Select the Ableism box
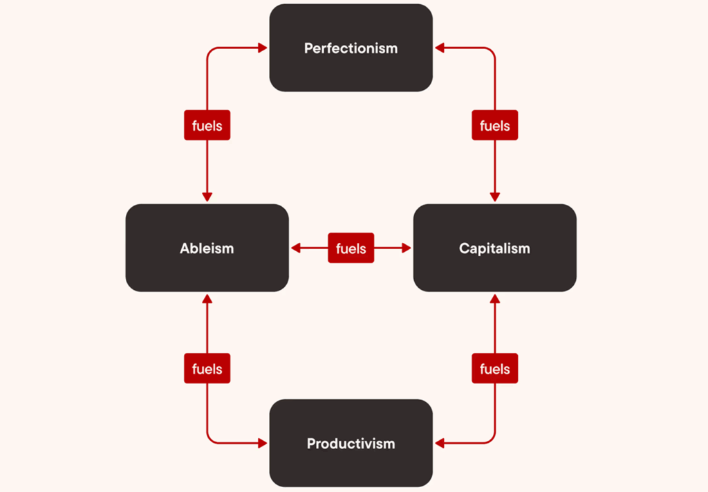point(207,247)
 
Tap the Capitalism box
point(494,247)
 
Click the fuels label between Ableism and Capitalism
point(351,248)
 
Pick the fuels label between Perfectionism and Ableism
point(207,126)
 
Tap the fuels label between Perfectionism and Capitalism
point(494,126)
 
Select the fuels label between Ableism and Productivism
point(207,368)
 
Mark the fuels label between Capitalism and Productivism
point(494,368)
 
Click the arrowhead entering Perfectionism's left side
point(263,48)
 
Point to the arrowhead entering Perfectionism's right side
point(439,48)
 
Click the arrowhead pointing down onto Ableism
point(207,197)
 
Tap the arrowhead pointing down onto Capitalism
point(494,197)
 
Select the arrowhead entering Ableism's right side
point(295,248)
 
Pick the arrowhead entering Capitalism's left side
point(407,248)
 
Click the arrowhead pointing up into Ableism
point(207,298)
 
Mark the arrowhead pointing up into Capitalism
point(494,298)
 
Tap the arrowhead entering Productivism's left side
point(263,443)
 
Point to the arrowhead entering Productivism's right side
point(439,443)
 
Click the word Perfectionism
point(351,48)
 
